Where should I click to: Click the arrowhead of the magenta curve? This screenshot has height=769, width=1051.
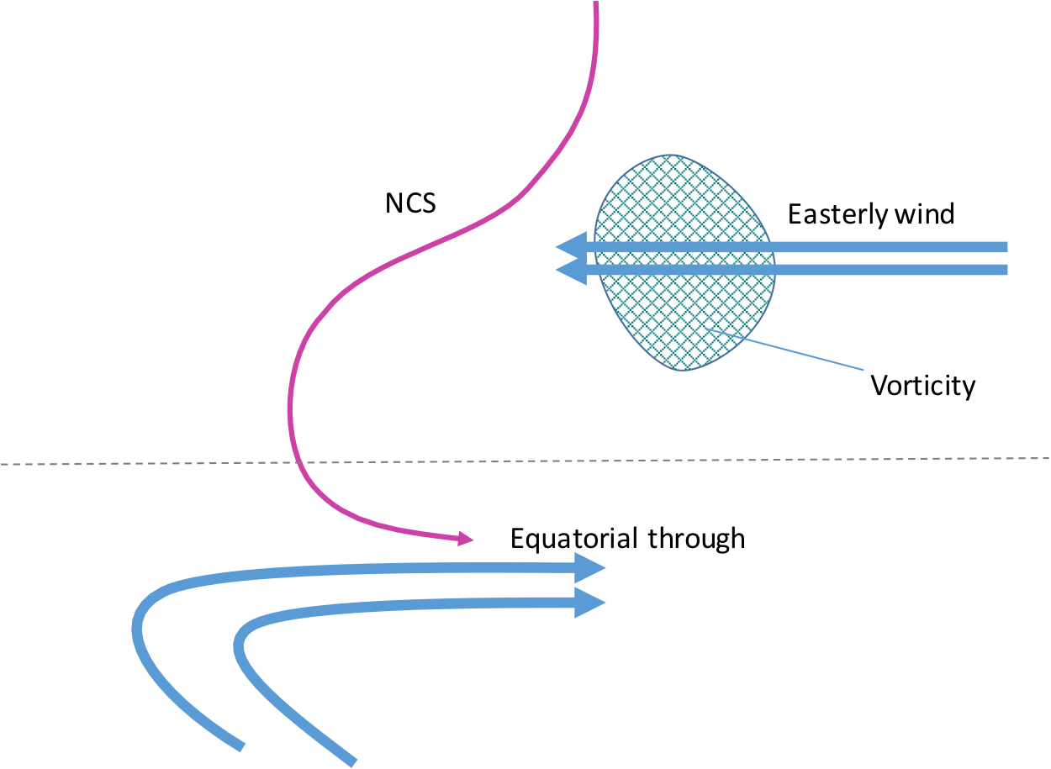(x=467, y=539)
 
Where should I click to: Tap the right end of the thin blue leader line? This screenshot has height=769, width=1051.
(x=864, y=369)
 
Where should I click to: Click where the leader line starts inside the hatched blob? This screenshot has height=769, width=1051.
(x=706, y=330)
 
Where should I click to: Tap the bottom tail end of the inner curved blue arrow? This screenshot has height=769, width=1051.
(x=352, y=762)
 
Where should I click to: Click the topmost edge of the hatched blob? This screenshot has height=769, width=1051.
(x=670, y=155)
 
